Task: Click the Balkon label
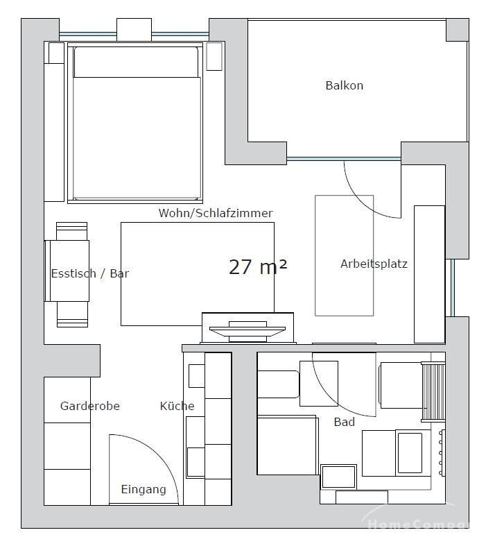click(x=345, y=85)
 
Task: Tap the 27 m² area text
click(x=258, y=267)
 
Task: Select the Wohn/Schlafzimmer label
click(x=216, y=213)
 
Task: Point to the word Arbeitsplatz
click(x=374, y=264)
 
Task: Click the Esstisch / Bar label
click(x=89, y=273)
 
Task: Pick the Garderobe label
click(x=89, y=406)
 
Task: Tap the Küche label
click(x=177, y=406)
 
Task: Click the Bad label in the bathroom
click(x=345, y=422)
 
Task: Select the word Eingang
click(x=144, y=490)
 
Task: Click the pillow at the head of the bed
click(x=136, y=62)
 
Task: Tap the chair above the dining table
click(x=71, y=231)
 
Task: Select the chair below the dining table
click(x=72, y=314)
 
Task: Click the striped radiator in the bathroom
click(x=433, y=392)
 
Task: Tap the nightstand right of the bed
click(x=214, y=56)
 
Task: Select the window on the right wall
click(x=453, y=288)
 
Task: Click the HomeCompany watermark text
click(x=417, y=523)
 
